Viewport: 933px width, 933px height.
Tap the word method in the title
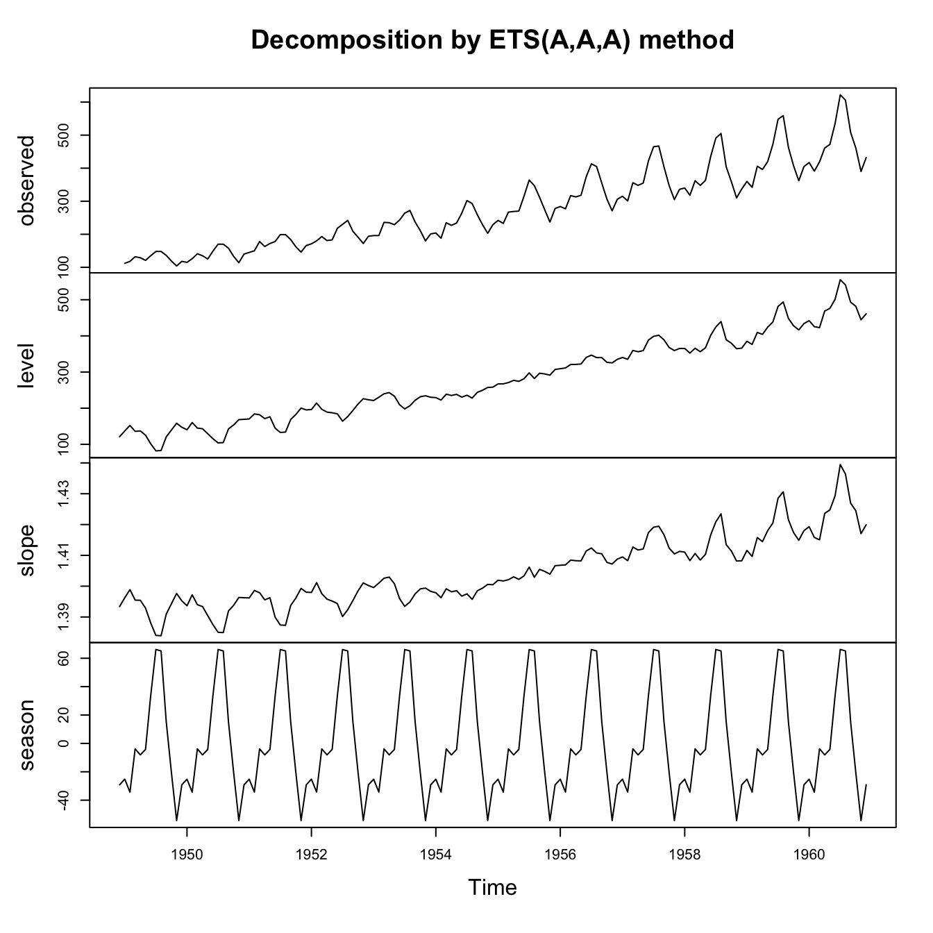(x=685, y=40)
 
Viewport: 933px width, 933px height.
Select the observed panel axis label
(x=27, y=180)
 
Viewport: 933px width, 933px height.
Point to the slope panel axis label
(x=27, y=550)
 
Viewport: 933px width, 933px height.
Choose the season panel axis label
(x=27, y=735)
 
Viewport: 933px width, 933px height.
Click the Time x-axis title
(x=492, y=887)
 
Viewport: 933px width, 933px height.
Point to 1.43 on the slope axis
(x=63, y=494)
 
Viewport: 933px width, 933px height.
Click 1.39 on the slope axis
(x=63, y=617)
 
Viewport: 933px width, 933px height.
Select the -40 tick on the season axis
(x=63, y=800)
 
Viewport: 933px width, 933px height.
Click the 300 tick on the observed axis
(x=63, y=201)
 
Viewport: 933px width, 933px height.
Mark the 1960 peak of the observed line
(x=841, y=95)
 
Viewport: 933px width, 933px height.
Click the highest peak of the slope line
(x=841, y=464)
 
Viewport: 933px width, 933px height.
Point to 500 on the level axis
(x=63, y=300)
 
